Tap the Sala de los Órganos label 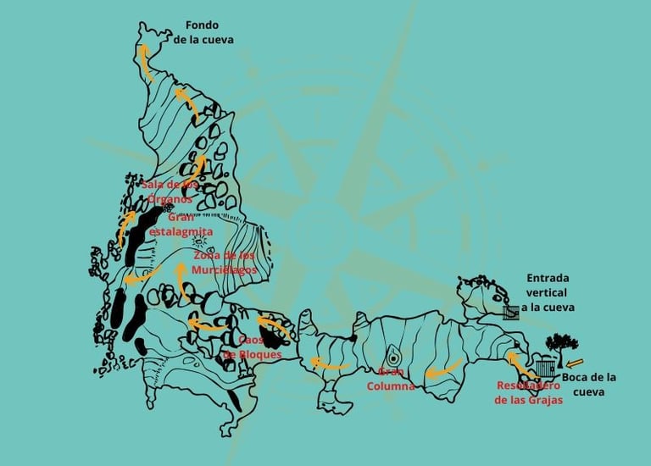(x=170, y=191)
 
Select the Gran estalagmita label (x=180, y=224)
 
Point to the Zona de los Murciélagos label (x=224, y=262)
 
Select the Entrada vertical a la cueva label (x=547, y=292)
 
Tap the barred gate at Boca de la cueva (x=546, y=369)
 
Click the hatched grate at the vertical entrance (x=510, y=312)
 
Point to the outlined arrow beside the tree (x=576, y=365)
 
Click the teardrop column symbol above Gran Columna (x=394, y=358)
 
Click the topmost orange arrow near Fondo (x=146, y=61)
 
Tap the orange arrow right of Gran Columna (x=443, y=369)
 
